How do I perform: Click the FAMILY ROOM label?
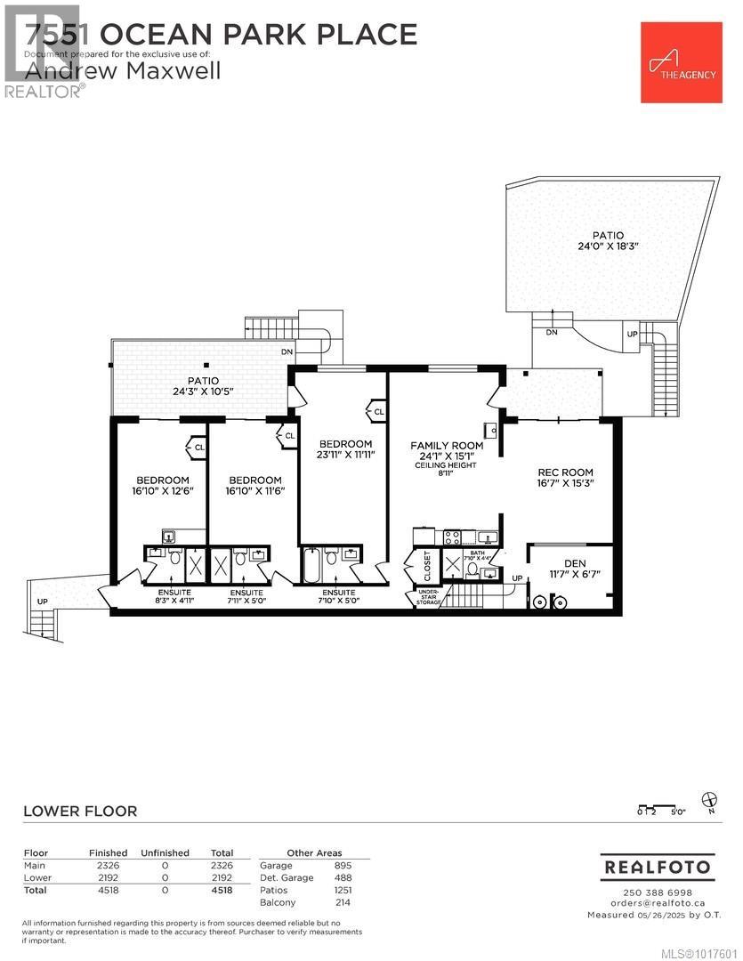tap(447, 446)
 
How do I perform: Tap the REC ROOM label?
tap(565, 472)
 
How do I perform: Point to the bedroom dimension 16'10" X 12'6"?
tap(162, 490)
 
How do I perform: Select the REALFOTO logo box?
tap(658, 866)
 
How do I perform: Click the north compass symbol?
tap(709, 799)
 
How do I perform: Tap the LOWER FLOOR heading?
tap(80, 811)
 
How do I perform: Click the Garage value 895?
tap(343, 866)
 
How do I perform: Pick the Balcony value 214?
tap(343, 902)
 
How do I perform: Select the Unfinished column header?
tap(166, 853)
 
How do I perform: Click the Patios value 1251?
tap(343, 890)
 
